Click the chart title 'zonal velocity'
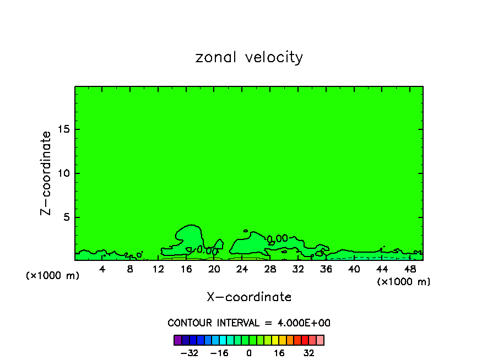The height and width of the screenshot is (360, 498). [x=249, y=57]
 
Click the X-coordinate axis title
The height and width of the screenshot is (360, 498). [x=249, y=297]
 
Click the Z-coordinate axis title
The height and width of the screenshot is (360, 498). [x=47, y=173]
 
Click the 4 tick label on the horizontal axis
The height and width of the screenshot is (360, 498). [x=102, y=269]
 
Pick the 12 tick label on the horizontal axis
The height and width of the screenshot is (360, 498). [x=158, y=269]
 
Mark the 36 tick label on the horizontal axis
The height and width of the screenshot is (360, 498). [x=326, y=269]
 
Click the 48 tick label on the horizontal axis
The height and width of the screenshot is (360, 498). [x=410, y=269]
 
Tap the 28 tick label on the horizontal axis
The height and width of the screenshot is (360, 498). [x=270, y=269]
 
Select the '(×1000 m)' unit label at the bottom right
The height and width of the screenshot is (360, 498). [x=404, y=282]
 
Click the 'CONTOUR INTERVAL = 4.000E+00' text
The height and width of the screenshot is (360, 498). [x=249, y=323]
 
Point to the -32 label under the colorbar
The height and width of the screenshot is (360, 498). [x=190, y=353]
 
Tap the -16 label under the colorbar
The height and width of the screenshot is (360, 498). [x=219, y=353]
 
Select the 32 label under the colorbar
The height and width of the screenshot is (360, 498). [x=309, y=353]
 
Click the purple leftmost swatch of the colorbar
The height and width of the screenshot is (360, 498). [x=178, y=340]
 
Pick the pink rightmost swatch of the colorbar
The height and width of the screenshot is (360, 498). [x=320, y=340]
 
